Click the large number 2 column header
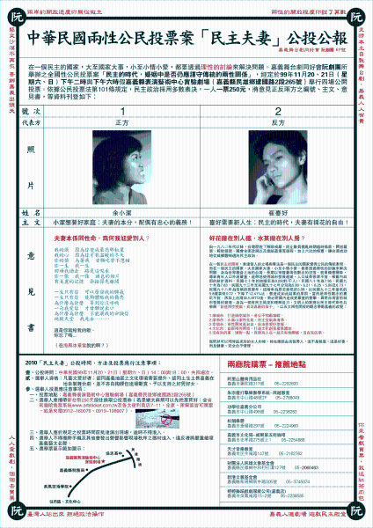point(278,112)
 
